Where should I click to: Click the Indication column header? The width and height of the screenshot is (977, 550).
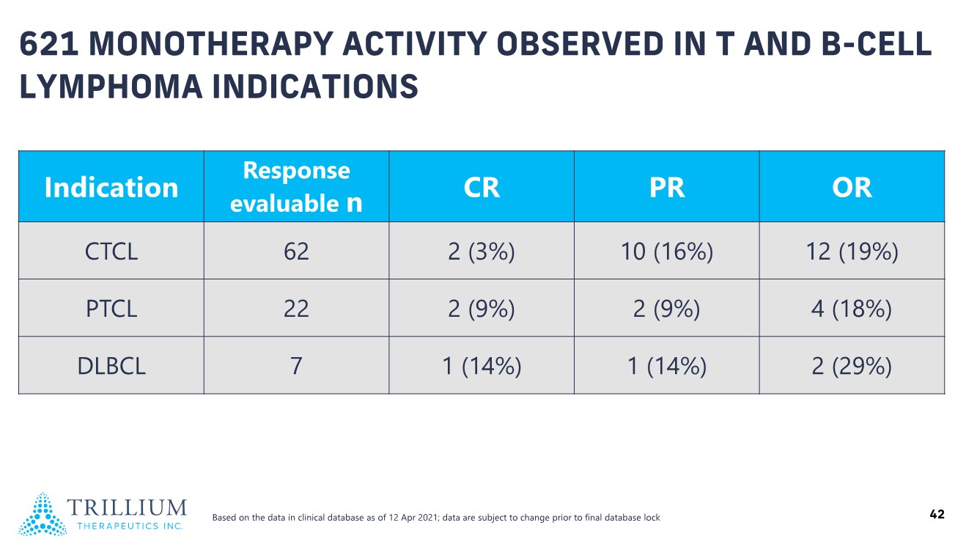point(111,187)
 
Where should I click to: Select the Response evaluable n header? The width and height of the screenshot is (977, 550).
point(297,187)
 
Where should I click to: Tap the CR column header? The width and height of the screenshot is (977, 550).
point(482,188)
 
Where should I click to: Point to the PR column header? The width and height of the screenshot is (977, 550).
point(667,188)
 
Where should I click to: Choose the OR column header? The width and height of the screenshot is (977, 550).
point(852,188)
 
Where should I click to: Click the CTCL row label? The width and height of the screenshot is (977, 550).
point(111,252)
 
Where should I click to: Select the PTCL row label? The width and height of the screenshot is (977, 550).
point(111,309)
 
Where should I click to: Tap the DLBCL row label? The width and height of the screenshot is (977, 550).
point(111,366)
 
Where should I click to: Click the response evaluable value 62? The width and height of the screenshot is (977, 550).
point(297,252)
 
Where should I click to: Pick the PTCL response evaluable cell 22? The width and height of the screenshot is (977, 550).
point(297,309)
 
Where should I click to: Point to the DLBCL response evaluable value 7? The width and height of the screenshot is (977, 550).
point(297,366)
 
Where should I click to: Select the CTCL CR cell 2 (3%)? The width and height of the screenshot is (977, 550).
point(482,252)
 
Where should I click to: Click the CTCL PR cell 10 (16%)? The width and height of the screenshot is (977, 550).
point(667,252)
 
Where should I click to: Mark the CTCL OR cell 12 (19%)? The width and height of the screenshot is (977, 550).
point(852,252)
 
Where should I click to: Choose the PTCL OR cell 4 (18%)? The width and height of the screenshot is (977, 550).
point(852,309)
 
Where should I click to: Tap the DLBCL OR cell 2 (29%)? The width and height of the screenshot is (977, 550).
point(852,366)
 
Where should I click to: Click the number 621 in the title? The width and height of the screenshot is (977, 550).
point(49,44)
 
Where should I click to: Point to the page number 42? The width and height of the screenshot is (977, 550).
point(937,514)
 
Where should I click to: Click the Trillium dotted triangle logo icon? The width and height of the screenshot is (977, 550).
point(43,514)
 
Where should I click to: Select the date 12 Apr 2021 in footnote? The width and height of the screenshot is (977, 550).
point(414,518)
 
